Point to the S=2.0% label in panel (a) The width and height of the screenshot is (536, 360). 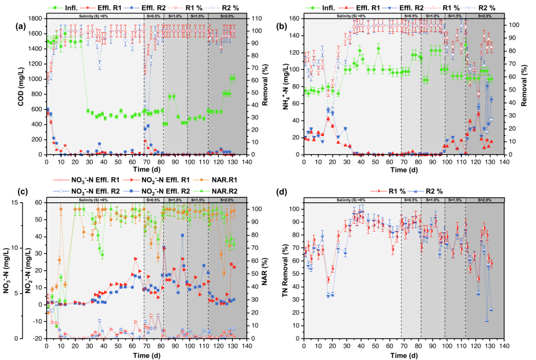tap(226, 16)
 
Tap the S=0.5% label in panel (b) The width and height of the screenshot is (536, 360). tap(411, 16)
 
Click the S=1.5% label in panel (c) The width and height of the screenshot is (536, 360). tap(198, 199)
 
